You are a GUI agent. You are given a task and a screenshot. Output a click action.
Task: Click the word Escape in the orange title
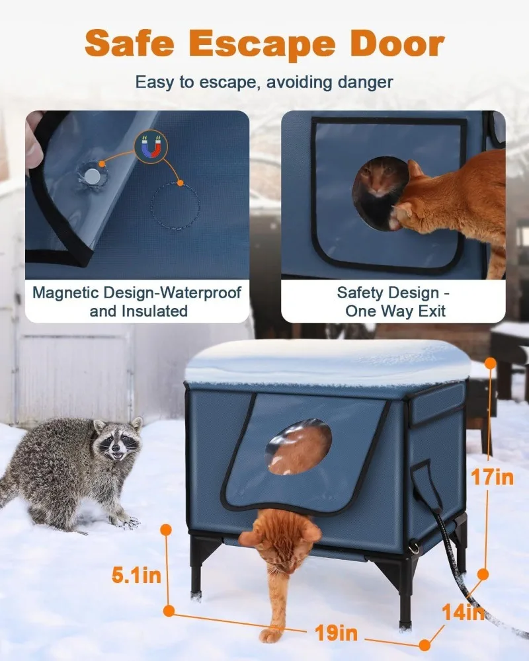tap(262, 44)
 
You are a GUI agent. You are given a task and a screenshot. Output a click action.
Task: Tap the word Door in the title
tap(397, 43)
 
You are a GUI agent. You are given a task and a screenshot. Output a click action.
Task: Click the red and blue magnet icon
tap(151, 146)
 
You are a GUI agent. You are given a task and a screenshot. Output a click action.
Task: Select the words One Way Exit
tap(395, 311)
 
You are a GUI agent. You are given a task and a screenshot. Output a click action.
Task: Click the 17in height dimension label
tap(492, 478)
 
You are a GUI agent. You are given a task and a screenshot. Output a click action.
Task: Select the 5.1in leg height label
tap(136, 575)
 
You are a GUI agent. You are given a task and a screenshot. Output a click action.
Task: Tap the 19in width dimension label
tap(336, 633)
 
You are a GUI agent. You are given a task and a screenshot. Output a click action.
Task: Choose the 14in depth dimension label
tap(463, 612)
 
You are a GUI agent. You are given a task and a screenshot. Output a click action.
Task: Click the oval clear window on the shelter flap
tap(299, 447)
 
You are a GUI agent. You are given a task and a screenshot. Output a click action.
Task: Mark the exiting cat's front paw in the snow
tap(270, 635)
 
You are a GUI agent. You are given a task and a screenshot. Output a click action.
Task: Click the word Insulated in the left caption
tap(154, 311)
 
